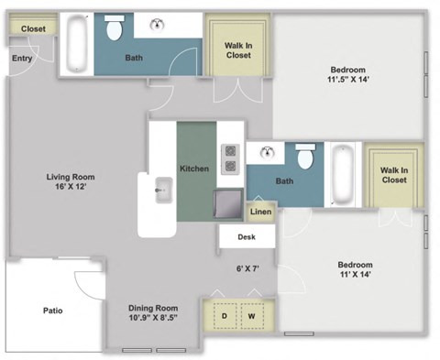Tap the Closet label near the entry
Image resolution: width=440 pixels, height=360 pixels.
click(33, 28)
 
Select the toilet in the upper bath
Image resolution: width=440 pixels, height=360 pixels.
click(115, 30)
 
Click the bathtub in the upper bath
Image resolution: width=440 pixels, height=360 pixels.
click(75, 43)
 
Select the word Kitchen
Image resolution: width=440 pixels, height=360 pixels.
click(193, 169)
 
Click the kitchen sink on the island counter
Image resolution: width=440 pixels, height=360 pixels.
click(163, 191)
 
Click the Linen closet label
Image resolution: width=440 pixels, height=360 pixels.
click(260, 212)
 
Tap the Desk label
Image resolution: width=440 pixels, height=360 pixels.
click(246, 237)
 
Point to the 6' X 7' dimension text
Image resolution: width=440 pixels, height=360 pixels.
click(248, 269)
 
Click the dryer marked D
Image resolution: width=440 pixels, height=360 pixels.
click(222, 316)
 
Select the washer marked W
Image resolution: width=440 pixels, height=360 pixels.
click(252, 316)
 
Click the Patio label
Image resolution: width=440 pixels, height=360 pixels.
click(52, 311)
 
